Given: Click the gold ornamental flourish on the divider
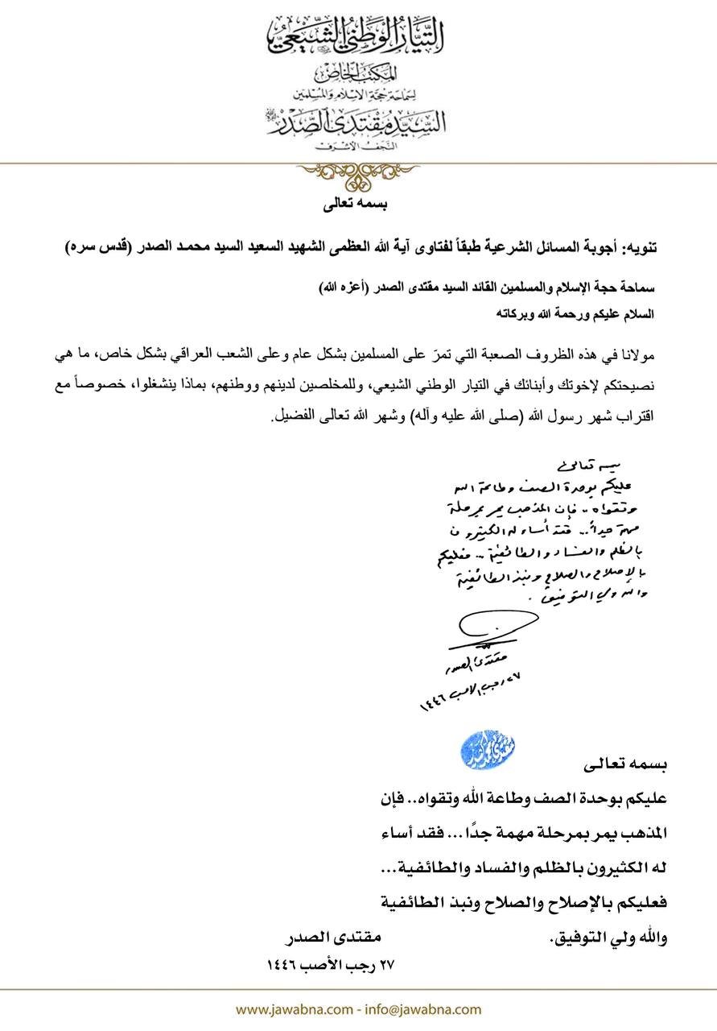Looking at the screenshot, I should [357, 172].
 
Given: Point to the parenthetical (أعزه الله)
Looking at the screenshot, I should [335, 287].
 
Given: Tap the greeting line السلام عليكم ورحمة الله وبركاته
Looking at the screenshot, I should [580, 316].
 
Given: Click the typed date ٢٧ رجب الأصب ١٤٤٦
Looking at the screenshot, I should [331, 963].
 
